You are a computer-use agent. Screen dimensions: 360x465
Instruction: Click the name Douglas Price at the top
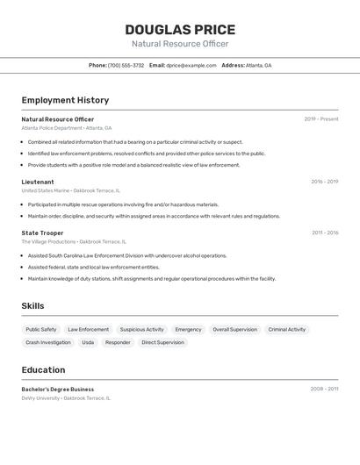(180, 30)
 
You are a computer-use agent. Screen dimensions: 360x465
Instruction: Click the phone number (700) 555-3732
(126, 65)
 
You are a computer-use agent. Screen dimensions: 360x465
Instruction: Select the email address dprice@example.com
(191, 65)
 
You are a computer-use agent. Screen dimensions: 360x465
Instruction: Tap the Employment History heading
(65, 100)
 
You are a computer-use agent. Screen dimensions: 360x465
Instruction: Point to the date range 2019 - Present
(321, 119)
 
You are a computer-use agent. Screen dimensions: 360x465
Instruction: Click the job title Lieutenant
(38, 182)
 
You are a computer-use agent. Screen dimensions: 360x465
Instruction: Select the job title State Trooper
(42, 232)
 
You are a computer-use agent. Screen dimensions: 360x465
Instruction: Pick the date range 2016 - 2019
(324, 182)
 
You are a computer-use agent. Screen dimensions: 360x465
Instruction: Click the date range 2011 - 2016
(324, 232)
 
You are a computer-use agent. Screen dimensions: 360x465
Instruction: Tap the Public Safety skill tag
(41, 329)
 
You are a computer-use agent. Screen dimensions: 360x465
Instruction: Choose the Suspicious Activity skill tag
(141, 329)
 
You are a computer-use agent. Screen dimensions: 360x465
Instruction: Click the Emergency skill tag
(188, 329)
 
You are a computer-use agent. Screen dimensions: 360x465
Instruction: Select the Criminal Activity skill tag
(287, 329)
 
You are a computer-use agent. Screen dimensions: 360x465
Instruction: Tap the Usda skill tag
(88, 342)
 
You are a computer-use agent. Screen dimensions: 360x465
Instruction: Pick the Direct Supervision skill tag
(162, 342)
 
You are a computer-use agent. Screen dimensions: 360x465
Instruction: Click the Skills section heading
(33, 305)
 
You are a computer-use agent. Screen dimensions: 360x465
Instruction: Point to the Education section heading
(43, 369)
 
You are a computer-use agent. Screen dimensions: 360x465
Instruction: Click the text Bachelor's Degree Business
(57, 389)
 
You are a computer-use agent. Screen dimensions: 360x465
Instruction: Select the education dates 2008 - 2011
(324, 389)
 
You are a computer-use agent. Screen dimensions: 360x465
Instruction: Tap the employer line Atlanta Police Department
(52, 128)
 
